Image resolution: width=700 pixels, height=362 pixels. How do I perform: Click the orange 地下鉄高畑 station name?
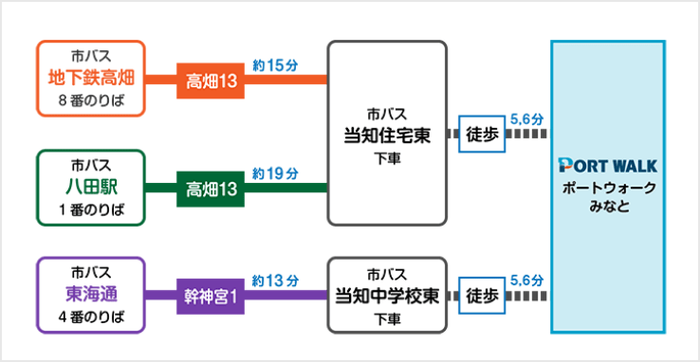click(90, 77)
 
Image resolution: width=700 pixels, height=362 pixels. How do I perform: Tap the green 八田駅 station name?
click(90, 186)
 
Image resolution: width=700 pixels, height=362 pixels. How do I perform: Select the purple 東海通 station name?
click(90, 294)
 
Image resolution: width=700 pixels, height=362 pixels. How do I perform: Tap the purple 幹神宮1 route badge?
click(211, 296)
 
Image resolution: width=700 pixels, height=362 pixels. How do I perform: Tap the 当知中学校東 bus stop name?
click(387, 295)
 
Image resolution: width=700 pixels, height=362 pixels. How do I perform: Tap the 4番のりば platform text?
click(90, 317)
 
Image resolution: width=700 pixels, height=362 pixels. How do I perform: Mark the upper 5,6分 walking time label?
click(526, 119)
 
